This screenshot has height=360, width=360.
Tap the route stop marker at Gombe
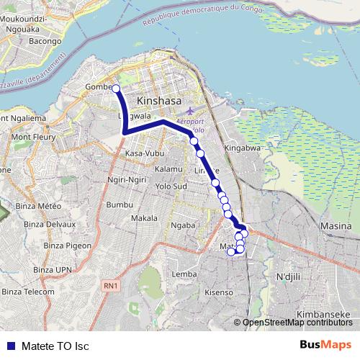(115, 88)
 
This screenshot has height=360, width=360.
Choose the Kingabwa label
(241, 148)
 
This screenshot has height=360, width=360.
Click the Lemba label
(185, 274)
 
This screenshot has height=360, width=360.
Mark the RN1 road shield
(110, 287)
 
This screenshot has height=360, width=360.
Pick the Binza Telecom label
(28, 292)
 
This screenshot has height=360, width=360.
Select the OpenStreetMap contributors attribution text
(297, 322)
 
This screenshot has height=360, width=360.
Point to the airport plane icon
(189, 112)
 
